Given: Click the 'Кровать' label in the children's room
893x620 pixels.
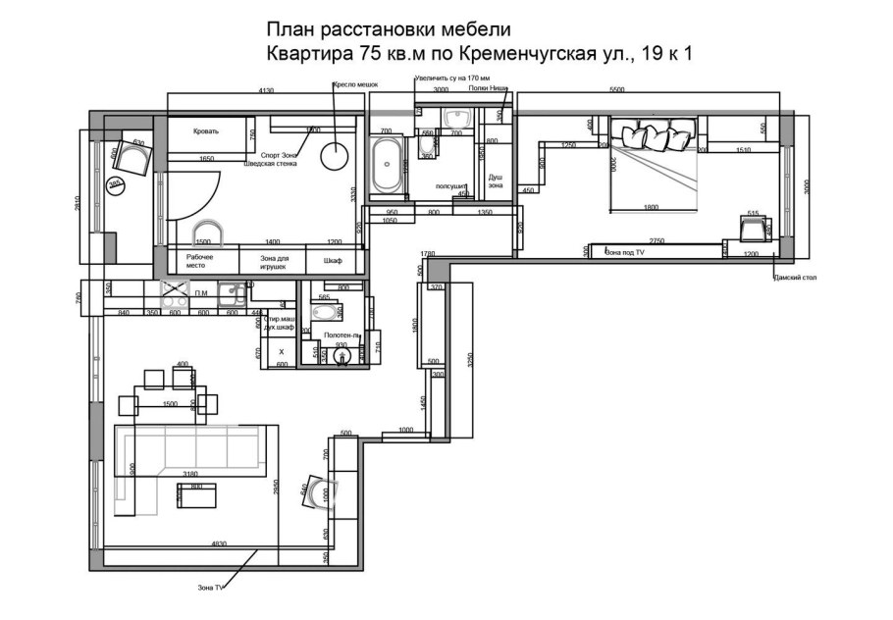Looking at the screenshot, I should [206, 130].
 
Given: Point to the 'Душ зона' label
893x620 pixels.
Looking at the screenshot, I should [496, 180].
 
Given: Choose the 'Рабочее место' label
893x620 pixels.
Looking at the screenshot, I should [201, 262].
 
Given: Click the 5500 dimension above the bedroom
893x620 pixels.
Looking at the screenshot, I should [617, 89].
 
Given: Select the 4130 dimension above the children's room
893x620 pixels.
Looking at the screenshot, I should [265, 89].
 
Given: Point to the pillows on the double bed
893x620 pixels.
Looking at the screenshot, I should [652, 134].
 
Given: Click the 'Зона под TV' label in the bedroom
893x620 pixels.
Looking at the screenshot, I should [625, 253].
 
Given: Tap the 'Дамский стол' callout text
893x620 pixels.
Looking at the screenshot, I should [794, 278].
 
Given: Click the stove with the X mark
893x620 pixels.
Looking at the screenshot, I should [174, 291].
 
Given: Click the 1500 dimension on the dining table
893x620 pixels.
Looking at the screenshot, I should [170, 404].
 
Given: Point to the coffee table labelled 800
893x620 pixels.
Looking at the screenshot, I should [196, 495].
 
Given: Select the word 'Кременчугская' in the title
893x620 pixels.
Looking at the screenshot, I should [536, 55].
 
